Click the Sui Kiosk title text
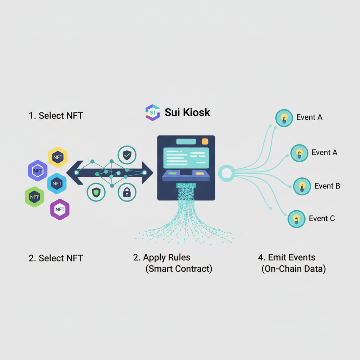coord(187,112)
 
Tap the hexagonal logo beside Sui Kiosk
coord(153,112)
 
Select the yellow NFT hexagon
coord(58,157)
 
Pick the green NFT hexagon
coord(34,197)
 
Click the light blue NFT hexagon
coord(57,183)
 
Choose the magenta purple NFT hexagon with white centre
coord(60,210)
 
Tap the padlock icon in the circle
coord(127,192)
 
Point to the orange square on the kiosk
coord(205,141)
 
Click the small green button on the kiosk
coord(172,173)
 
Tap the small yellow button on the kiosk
coord(199,173)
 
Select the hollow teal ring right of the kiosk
coord(226,173)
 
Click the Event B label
coord(327,186)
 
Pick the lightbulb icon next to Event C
coord(296,219)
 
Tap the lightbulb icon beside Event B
coord(302,186)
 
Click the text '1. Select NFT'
coord(56,116)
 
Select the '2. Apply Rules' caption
coord(162,257)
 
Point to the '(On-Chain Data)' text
coord(294,269)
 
